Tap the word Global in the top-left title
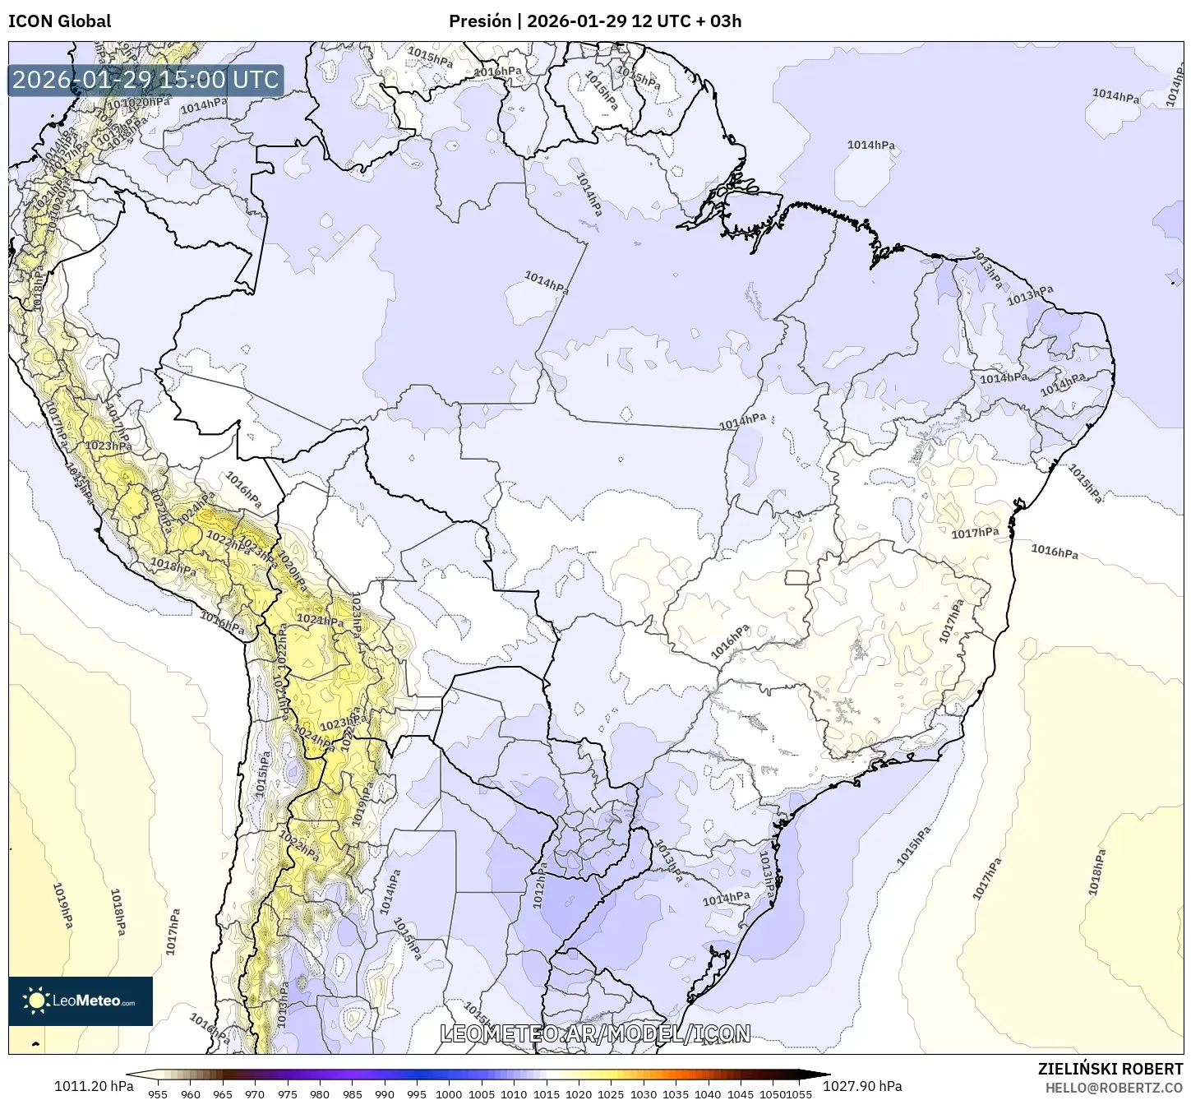point(84,21)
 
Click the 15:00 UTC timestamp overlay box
point(145,80)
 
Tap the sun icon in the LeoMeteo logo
point(36,1001)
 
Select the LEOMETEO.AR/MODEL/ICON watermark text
point(595,1033)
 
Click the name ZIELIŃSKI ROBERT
point(1110,1069)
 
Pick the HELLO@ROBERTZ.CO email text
point(1114,1087)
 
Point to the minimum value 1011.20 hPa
point(94,1085)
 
